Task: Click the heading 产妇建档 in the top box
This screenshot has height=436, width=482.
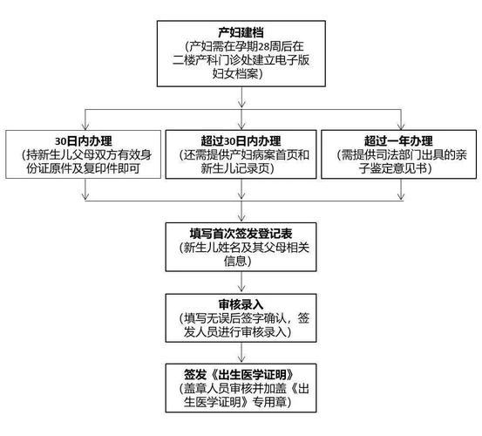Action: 241,32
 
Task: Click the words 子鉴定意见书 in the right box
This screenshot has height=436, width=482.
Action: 398,171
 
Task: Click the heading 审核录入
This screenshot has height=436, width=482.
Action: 241,302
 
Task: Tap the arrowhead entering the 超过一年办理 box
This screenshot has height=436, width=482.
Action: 397,126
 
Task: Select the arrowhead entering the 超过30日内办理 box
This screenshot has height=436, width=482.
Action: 241,126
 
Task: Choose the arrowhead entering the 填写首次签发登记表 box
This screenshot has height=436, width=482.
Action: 241,218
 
